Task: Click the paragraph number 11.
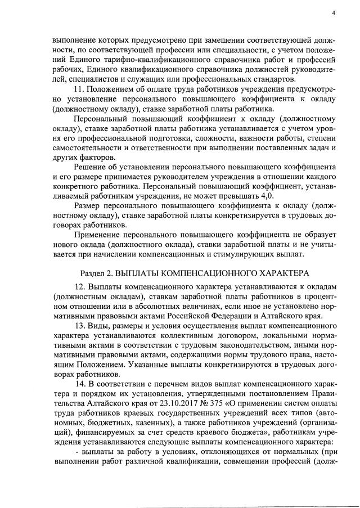coord(79,89)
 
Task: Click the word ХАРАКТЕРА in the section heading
coord(284,272)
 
